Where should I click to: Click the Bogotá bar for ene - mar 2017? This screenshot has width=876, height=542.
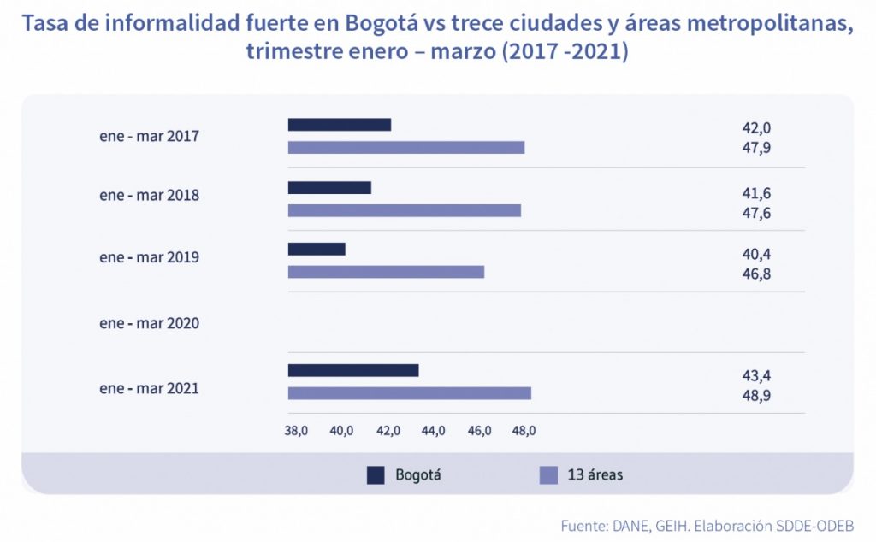(x=339, y=125)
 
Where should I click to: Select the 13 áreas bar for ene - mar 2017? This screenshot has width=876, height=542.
(x=405, y=147)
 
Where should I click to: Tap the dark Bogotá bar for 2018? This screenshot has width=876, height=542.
(x=329, y=188)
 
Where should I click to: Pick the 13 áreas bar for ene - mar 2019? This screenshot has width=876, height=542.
(x=386, y=272)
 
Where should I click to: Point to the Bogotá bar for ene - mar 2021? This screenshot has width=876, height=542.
(x=352, y=370)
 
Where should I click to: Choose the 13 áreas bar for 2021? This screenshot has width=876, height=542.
(x=409, y=393)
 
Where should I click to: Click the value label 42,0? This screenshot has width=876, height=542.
(x=756, y=128)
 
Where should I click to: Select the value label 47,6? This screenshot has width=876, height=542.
(x=756, y=213)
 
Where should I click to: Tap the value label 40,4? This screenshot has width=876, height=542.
(x=756, y=254)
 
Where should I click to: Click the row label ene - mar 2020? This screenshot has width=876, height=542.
(x=149, y=323)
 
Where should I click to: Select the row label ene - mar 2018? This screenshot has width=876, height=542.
(x=149, y=195)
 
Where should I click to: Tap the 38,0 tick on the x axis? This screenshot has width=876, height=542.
(x=296, y=431)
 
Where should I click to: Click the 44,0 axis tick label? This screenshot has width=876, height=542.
(x=434, y=431)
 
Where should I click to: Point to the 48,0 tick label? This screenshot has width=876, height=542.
(x=524, y=431)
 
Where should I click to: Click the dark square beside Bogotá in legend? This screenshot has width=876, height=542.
(x=376, y=475)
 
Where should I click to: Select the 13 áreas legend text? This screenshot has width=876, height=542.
(x=595, y=475)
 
